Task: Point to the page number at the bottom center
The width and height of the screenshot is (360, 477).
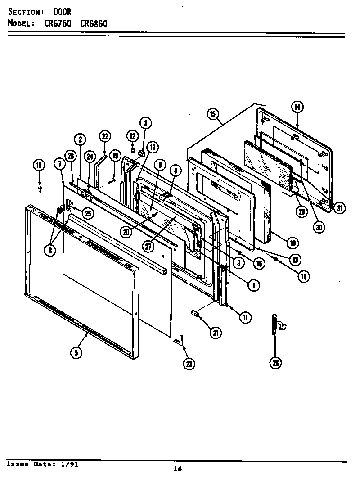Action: pyautogui.click(x=178, y=469)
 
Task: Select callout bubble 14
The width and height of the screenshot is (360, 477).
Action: pyautogui.click(x=297, y=107)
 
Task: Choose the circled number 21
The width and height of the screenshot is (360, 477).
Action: pyautogui.click(x=216, y=333)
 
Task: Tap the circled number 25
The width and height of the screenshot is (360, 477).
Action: pyautogui.click(x=88, y=214)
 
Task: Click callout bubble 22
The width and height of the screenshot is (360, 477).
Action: pyautogui.click(x=104, y=137)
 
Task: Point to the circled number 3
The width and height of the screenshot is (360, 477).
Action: pyautogui.click(x=145, y=123)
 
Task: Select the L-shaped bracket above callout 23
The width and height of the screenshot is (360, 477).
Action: pyautogui.click(x=179, y=340)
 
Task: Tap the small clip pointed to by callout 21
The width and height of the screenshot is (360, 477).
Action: pyautogui.click(x=196, y=313)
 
